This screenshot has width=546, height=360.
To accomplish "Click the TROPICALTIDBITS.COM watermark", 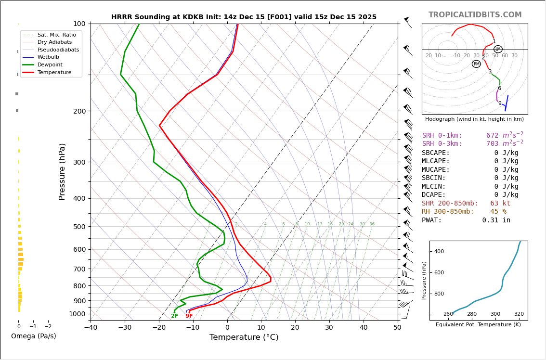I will [x=475, y=15].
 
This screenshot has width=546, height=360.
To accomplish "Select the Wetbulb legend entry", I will [x=48, y=57].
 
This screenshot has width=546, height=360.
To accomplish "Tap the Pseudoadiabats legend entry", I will [x=58, y=50].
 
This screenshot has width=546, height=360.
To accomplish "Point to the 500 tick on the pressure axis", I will [x=79, y=227].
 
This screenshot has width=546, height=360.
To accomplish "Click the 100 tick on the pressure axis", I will [x=79, y=24].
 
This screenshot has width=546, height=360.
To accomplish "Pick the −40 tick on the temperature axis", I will [x=91, y=328].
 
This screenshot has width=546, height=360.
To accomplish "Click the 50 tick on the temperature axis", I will [x=397, y=328].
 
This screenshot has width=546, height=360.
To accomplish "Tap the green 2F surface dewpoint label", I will [x=174, y=316].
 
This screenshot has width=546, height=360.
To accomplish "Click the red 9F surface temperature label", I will [x=189, y=316].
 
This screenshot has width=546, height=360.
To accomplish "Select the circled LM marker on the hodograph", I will [x=498, y=49].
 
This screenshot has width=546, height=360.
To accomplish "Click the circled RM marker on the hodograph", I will [x=476, y=64].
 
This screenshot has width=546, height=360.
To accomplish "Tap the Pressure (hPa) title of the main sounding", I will [x=62, y=171].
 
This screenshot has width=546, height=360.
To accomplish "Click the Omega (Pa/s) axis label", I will [x=33, y=336].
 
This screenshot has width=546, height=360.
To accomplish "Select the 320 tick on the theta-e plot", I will [x=519, y=314].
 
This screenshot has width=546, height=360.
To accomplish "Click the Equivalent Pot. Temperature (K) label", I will [x=478, y=325].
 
